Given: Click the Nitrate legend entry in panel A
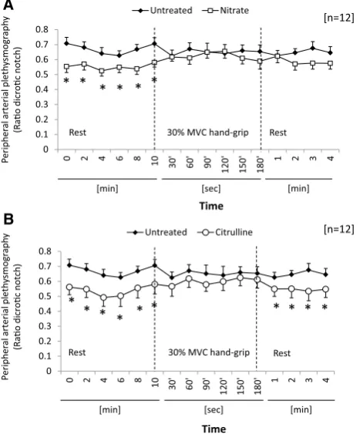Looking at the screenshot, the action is (x=225, y=11).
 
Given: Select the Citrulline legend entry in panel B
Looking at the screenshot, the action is (x=224, y=232).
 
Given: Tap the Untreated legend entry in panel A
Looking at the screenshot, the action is (x=162, y=11).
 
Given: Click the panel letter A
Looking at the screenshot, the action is (x=8, y=5).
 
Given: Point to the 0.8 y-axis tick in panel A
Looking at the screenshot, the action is (x=42, y=29).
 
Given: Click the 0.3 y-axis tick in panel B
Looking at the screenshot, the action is (x=45, y=326).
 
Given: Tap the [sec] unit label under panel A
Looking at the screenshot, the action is (x=211, y=189).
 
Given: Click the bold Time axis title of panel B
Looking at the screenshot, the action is (x=214, y=429).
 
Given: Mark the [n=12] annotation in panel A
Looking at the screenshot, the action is (x=338, y=18).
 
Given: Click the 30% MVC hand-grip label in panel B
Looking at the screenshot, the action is (x=209, y=352).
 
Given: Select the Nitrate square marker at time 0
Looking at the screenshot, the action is (x=67, y=67).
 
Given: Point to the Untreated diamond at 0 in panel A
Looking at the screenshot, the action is (x=67, y=43).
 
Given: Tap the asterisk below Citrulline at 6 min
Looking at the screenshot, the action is (x=119, y=317).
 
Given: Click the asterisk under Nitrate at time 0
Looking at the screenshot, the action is (x=66, y=81).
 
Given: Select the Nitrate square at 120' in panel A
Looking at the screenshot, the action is (x=224, y=52).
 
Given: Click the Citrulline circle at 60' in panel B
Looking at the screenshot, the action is (x=189, y=279).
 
